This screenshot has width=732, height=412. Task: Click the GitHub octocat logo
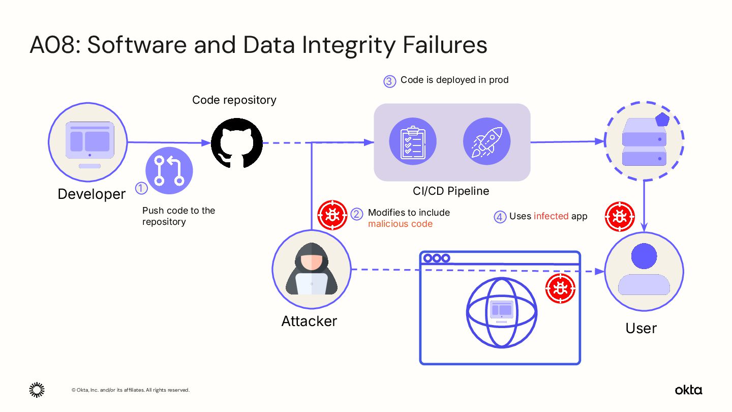coord(236,143)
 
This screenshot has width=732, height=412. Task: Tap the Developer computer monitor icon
coord(89,142)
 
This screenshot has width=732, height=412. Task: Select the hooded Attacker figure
coord(311,269)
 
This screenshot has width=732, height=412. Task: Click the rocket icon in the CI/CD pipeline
coord(486,142)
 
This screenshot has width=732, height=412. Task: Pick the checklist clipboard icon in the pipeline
coord(412,142)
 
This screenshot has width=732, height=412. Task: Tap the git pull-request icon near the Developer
coord(169,171)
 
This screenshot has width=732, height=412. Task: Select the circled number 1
coord(141,188)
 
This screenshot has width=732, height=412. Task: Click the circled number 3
coord(389,81)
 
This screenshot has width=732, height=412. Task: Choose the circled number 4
coord(500,217)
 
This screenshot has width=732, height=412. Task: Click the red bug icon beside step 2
coord(332,215)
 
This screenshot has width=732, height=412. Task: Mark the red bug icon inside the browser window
coord(560,288)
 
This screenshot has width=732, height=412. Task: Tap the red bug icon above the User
coord(620,217)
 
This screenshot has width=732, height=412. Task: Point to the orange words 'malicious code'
coord(400,224)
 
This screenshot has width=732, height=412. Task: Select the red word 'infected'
coord(551,216)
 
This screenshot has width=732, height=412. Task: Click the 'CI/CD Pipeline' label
coord(451,191)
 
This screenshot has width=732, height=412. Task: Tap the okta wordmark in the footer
coord(688,390)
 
